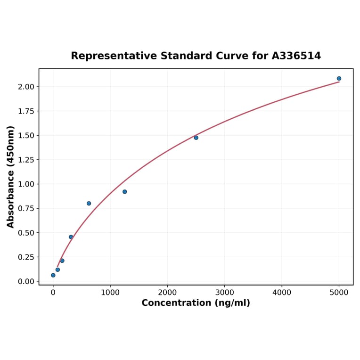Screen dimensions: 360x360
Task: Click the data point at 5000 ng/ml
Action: click(x=339, y=79)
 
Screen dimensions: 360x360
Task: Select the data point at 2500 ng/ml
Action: click(x=196, y=138)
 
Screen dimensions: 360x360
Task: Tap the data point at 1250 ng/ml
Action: click(x=124, y=192)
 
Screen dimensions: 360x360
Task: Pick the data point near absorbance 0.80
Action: click(x=89, y=204)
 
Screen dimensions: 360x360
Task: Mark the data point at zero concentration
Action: click(x=53, y=275)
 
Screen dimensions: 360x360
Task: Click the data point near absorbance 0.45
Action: click(x=71, y=237)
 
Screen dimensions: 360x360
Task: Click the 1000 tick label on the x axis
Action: click(x=110, y=293)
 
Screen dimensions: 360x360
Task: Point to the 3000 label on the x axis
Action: click(x=225, y=293)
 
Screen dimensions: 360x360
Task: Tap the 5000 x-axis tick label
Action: click(x=339, y=293)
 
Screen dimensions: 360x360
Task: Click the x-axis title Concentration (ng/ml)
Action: click(x=196, y=303)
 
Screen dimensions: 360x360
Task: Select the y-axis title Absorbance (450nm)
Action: click(x=11, y=177)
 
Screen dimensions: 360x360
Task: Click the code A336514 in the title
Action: click(x=296, y=56)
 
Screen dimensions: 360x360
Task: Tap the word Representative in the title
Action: click(x=114, y=56)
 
